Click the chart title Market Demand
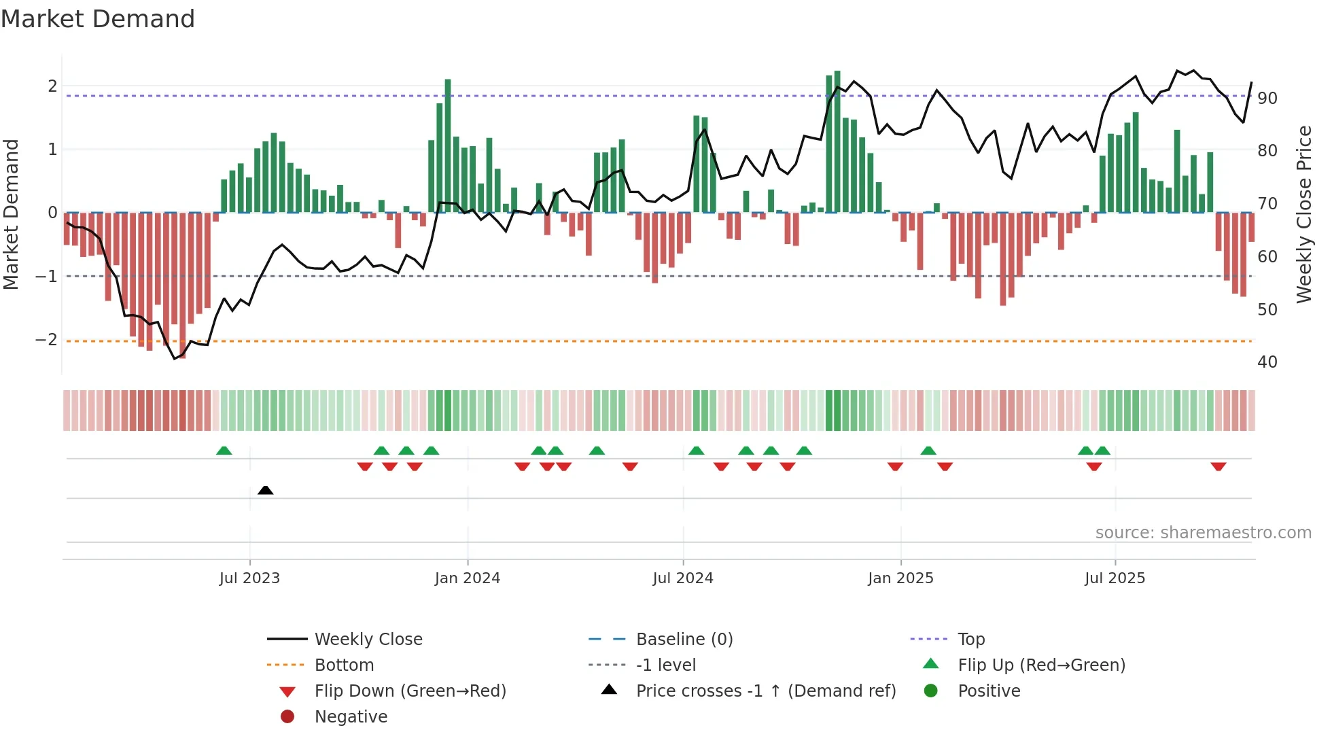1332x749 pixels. [x=98, y=19]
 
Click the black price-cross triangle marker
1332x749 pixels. [x=266, y=490]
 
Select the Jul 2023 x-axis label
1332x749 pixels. [x=249, y=578]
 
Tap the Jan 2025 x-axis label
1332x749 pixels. [x=900, y=578]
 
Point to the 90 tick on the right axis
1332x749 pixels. [x=1267, y=99]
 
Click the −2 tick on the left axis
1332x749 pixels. [x=46, y=340]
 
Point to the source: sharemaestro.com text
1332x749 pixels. [x=1203, y=533]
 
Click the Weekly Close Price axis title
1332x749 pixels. [x=1303, y=214]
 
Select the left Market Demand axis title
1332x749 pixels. [x=11, y=214]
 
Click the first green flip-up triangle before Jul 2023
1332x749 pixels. [x=224, y=451]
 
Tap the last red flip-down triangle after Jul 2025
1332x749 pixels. [x=1218, y=466]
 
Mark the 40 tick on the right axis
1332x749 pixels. [x=1267, y=362]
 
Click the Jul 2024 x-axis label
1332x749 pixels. [x=683, y=578]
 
